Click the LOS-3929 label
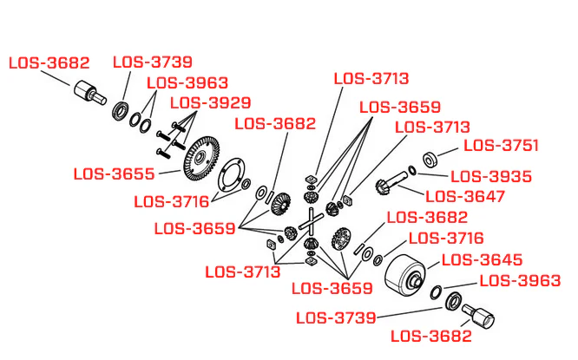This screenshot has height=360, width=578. click(211, 103)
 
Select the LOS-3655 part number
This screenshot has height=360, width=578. click(114, 173)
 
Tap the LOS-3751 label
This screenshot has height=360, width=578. click(502, 146)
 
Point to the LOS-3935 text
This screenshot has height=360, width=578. click(491, 176)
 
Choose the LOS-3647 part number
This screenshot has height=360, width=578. click(465, 196)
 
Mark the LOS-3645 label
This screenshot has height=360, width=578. click(483, 260)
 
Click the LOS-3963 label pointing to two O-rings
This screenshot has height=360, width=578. click(187, 83)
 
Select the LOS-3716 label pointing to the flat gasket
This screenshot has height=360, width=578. click(172, 202)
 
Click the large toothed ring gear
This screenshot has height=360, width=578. click(201, 159)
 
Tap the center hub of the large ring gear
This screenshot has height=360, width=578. click(200, 157)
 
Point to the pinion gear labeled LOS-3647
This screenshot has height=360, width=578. click(391, 183)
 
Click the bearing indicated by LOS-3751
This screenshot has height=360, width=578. click(430, 160)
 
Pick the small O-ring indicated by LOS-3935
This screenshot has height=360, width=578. click(412, 170)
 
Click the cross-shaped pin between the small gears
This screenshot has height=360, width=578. click(311, 221)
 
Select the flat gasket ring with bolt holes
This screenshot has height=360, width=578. click(232, 175)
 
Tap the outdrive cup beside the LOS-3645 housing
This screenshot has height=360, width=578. click(478, 315)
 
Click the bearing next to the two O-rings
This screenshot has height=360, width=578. click(121, 110)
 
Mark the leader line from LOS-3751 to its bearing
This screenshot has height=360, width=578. click(448, 152)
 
